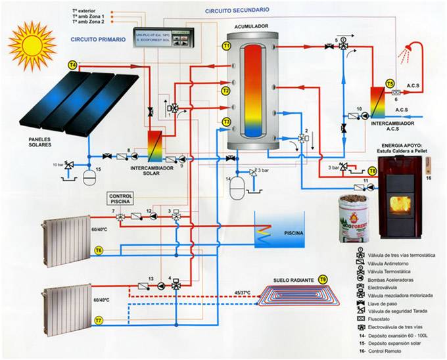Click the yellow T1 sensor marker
click(226, 47)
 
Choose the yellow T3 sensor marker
click(226, 122)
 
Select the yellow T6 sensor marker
click(99, 250)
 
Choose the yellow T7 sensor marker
click(99, 321)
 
